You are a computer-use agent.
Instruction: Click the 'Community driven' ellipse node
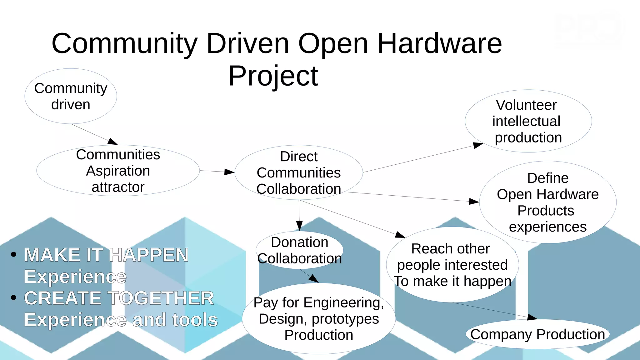[71, 96]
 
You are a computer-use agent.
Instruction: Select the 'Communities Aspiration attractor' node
[118, 171]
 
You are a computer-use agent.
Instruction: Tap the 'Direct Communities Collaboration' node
[299, 172]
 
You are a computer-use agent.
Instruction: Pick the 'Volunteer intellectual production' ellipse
[528, 121]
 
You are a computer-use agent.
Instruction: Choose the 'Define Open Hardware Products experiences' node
[547, 202]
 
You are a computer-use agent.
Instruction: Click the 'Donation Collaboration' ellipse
[299, 250]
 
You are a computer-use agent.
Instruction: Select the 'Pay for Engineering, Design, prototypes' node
[319, 318]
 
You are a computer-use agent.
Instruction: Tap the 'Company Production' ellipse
[537, 334]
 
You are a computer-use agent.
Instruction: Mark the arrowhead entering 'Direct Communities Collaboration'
[230, 172]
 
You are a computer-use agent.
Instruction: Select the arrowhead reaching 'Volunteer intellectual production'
[478, 145]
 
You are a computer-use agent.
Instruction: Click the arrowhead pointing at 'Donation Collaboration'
[299, 226]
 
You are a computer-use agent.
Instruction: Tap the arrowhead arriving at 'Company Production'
[532, 317]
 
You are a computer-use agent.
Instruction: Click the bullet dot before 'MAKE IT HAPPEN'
[13, 254]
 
